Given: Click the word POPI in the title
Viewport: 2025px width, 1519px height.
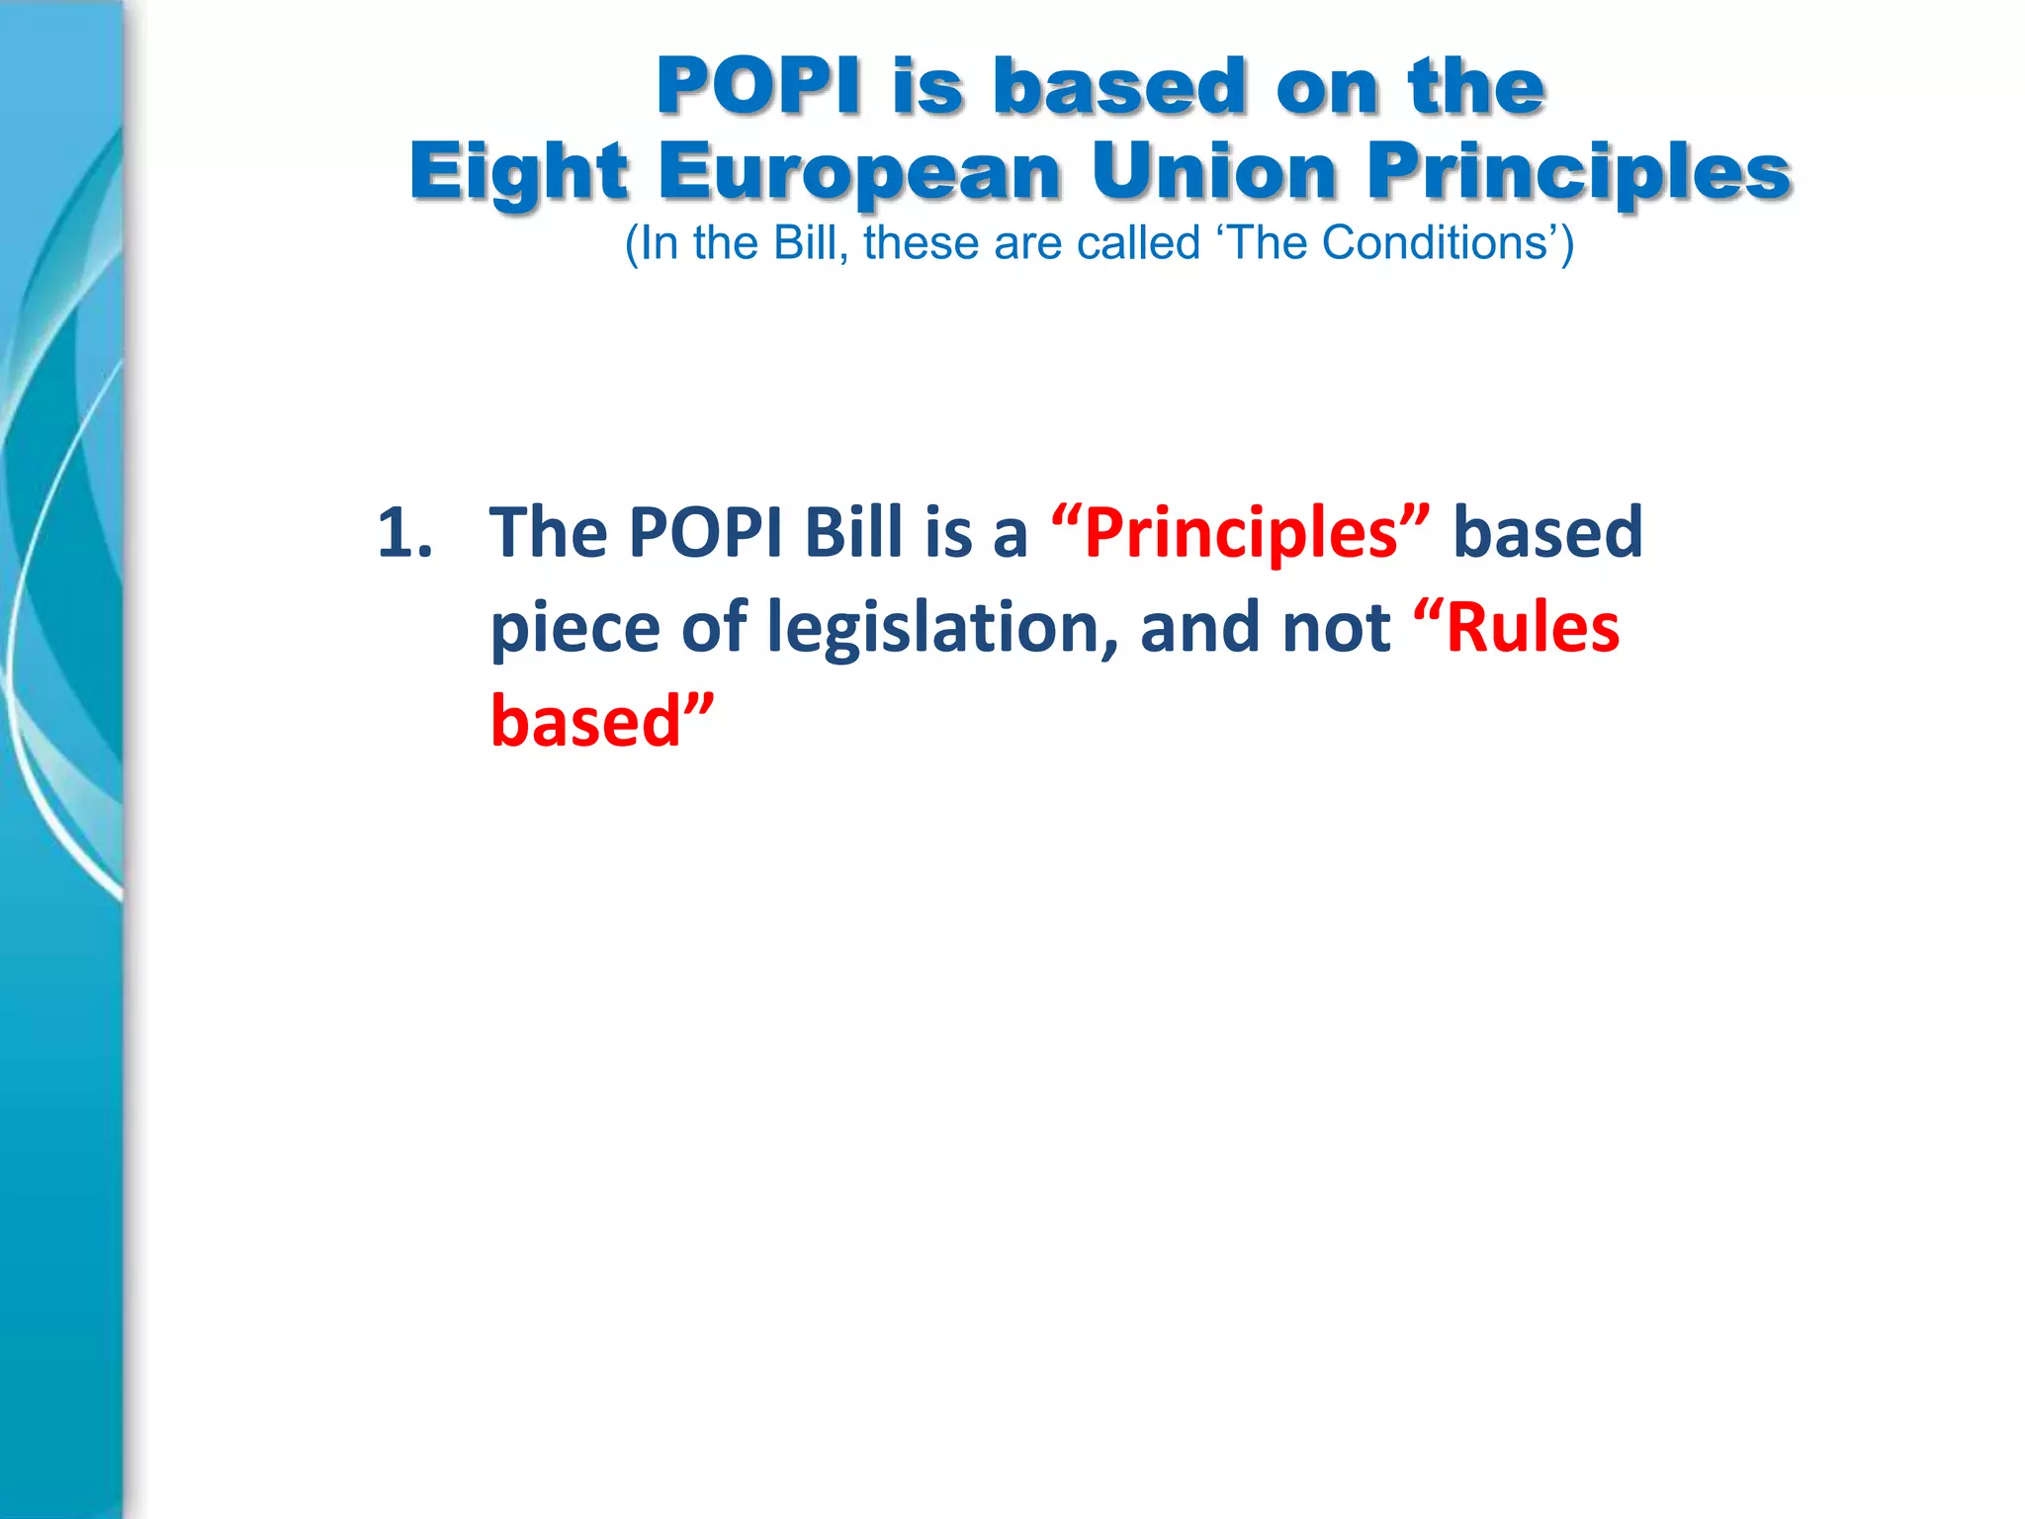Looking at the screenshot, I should click(x=758, y=87).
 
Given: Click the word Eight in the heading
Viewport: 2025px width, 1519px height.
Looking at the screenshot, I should click(x=518, y=172).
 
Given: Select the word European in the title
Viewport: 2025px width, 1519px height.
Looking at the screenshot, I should click(x=859, y=172).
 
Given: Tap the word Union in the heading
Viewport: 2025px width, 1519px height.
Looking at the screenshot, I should click(x=1214, y=172).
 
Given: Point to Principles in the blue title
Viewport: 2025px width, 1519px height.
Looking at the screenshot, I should click(x=1579, y=172).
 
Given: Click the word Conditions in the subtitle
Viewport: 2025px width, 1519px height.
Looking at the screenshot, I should click(x=1435, y=243).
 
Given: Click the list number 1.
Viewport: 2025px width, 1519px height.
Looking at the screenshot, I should click(x=404, y=533).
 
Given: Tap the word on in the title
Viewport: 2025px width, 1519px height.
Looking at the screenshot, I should click(x=1325, y=87).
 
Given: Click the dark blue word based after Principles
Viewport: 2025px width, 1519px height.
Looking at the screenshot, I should click(x=1547, y=533).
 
